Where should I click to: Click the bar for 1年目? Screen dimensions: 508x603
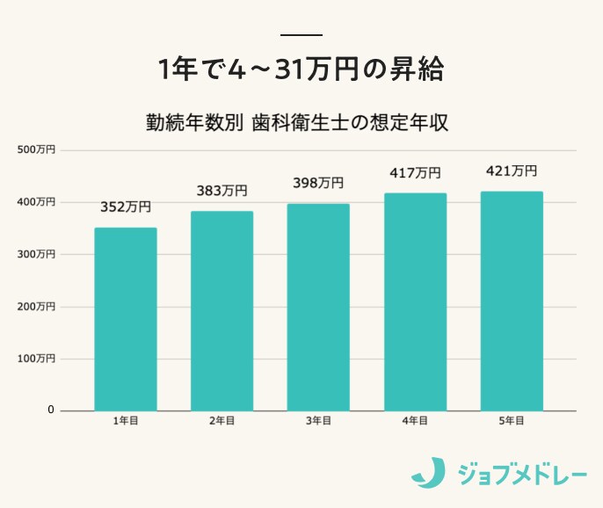coord(126,319)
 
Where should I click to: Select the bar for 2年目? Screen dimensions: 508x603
coord(222,310)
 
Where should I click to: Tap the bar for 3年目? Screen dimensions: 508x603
coord(318,307)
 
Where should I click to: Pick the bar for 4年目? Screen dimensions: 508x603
coord(416,301)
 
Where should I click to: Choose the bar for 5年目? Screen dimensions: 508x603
coord(512,301)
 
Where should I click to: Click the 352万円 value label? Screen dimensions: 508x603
coord(126,207)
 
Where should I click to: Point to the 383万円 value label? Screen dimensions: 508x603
coord(222,191)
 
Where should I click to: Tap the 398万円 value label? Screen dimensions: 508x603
coord(318,183)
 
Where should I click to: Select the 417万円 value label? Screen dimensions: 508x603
coord(416,173)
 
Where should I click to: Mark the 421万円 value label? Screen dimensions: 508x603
coord(512,171)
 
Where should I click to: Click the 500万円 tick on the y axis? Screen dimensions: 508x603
coord(37,150)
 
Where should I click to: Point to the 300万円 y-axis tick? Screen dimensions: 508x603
coord(37,254)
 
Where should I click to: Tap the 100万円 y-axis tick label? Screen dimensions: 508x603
coord(37,359)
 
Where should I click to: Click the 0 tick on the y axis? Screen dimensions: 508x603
coord(50,410)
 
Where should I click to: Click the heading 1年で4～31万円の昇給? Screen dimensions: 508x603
coord(301,69)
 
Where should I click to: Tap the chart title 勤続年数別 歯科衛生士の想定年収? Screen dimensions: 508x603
coord(298,122)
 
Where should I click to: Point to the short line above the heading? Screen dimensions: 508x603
coord(301,35)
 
